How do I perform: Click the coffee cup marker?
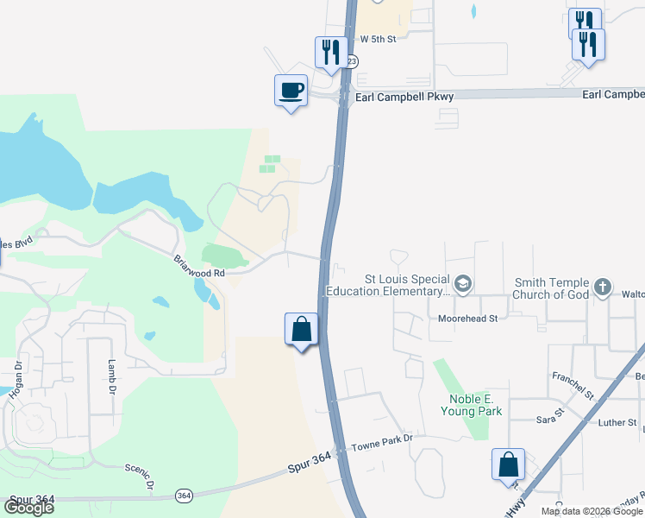(291, 90)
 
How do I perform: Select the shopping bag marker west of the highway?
(301, 330)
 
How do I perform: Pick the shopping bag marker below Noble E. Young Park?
(508, 464)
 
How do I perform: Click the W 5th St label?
(378, 39)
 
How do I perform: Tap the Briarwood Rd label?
(199, 266)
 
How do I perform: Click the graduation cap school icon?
(463, 284)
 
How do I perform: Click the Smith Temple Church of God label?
(551, 288)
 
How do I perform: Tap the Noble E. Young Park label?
(475, 405)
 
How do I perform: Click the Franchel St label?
(573, 385)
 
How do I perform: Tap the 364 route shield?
(184, 496)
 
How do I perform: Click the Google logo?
(28, 508)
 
